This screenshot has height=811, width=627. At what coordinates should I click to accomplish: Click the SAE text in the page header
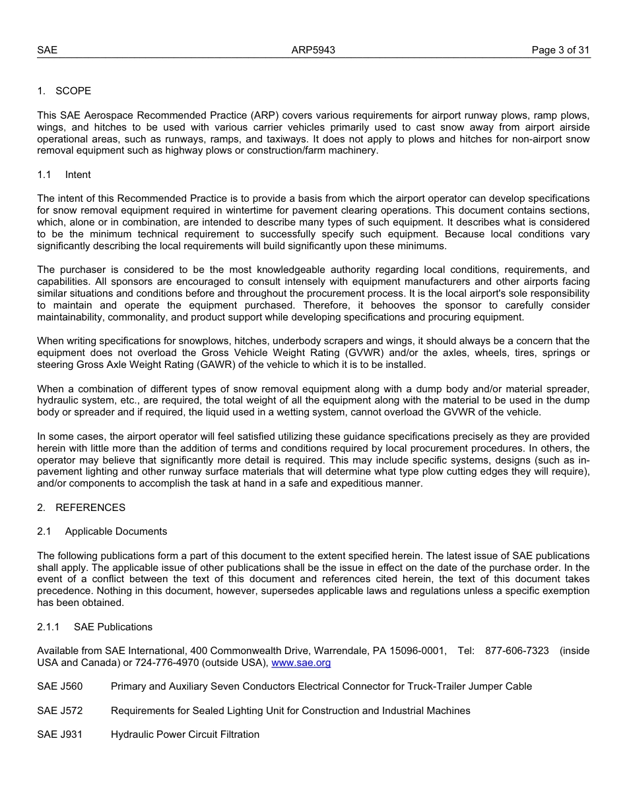click(48, 50)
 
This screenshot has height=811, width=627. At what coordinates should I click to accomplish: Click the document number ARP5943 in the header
click(313, 50)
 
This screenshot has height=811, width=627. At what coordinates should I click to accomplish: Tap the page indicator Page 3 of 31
click(560, 50)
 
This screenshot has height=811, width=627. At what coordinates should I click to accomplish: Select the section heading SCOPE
click(73, 91)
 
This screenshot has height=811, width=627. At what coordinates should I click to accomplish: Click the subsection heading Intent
click(78, 175)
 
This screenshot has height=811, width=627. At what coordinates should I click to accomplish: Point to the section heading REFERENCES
click(90, 508)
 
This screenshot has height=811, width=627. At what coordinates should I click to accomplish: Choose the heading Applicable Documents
click(116, 531)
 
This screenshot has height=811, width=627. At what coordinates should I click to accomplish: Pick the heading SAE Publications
click(113, 627)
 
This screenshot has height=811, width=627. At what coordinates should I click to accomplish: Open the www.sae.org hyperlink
click(301, 663)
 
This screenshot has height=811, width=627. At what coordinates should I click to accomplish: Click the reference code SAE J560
click(60, 686)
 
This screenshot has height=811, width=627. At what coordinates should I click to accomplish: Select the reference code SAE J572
click(60, 711)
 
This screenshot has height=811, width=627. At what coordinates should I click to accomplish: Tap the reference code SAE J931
click(60, 735)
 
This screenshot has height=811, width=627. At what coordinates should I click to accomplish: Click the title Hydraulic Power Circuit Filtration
click(185, 735)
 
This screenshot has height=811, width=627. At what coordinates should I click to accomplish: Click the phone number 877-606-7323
click(517, 651)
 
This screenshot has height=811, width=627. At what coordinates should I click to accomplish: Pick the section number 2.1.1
click(48, 627)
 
